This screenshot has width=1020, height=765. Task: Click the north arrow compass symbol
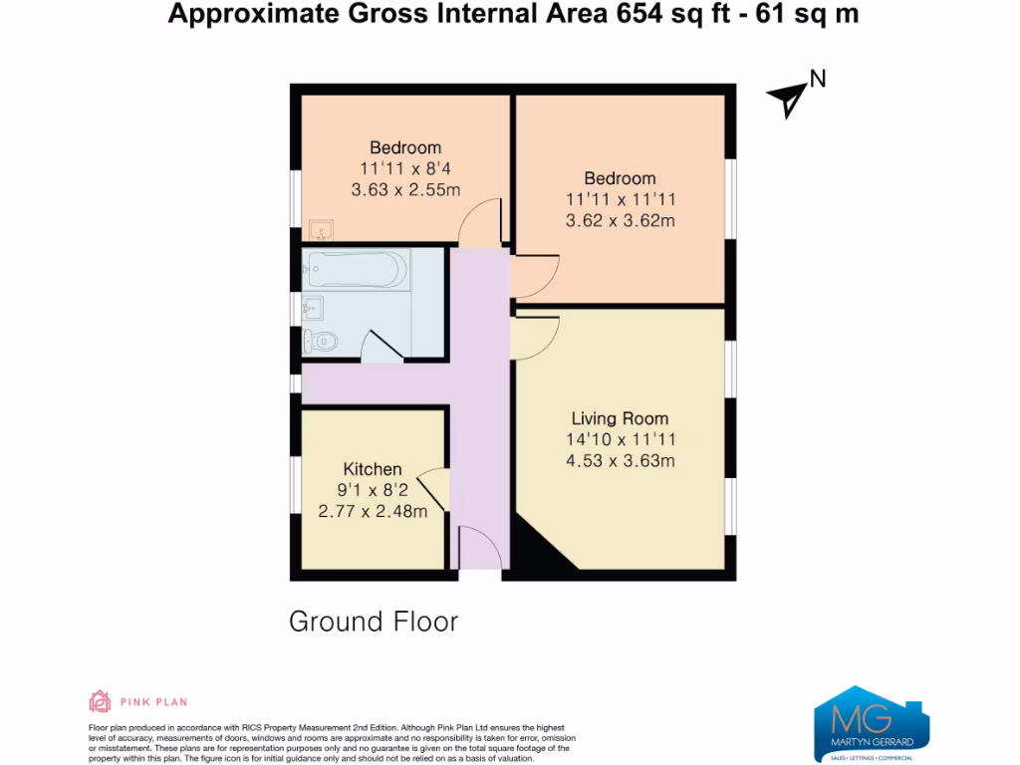point(790,98)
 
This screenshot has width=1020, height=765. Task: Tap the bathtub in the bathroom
point(358,270)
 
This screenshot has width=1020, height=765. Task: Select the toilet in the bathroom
point(320,342)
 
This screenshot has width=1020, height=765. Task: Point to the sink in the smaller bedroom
point(320,231)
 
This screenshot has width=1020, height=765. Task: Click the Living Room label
point(620,418)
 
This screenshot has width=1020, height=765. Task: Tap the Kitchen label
point(373,469)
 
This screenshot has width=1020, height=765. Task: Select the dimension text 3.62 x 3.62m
point(620,220)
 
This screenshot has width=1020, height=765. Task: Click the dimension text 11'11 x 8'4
point(405,168)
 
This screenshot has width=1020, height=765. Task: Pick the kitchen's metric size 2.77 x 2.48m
point(373,511)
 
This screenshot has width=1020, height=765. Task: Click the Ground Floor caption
point(374,622)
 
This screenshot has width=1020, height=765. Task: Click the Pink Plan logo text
point(153,702)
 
